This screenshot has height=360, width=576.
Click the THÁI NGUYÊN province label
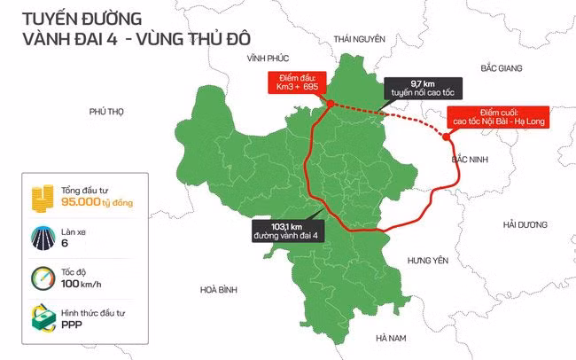(x=358, y=39)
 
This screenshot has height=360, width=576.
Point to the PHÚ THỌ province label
(x=108, y=111)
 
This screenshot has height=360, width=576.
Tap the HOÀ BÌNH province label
(x=220, y=289)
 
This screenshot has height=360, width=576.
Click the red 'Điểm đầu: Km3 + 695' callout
(x=299, y=83)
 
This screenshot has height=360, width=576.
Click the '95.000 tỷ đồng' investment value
(x=97, y=203)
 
